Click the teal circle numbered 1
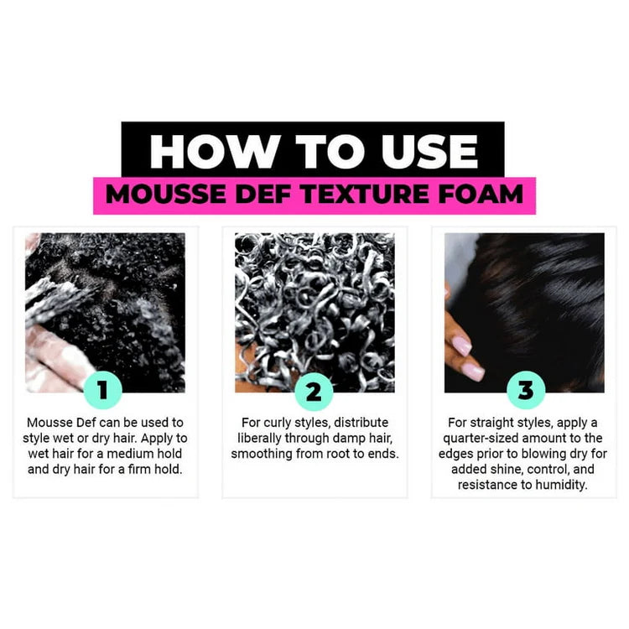coord(103,391)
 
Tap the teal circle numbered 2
coord(314,391)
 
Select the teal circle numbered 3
coord(525,391)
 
